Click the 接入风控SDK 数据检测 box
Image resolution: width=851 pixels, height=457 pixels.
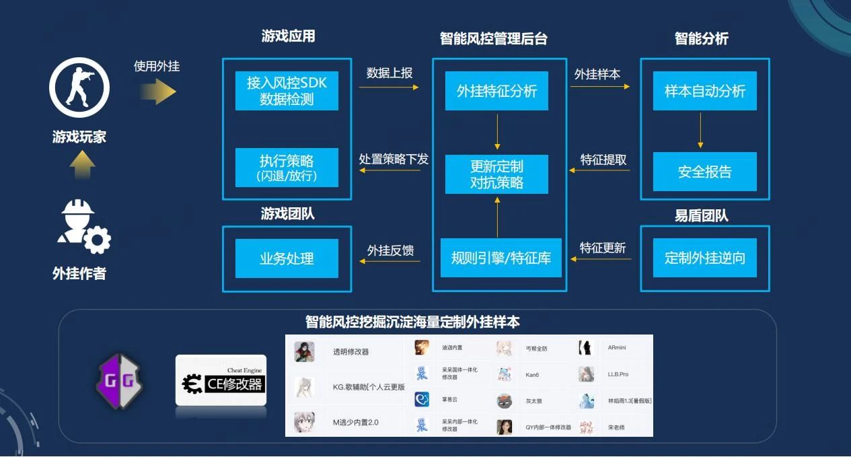click(x=287, y=91)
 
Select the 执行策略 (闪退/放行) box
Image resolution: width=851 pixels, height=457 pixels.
click(x=287, y=168)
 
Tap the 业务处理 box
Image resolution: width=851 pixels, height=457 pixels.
click(x=287, y=258)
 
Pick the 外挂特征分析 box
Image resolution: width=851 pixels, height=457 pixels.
click(x=496, y=91)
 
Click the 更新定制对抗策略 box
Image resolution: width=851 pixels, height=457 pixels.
click(x=496, y=174)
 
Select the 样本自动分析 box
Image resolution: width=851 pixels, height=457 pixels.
click(x=705, y=91)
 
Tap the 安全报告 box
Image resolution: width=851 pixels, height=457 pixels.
click(x=705, y=172)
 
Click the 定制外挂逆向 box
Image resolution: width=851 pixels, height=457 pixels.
click(x=705, y=258)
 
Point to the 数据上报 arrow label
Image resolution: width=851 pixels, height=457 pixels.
click(x=390, y=73)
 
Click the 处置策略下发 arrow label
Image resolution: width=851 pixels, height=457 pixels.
click(x=394, y=160)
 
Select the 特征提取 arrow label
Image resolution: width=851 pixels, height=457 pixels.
click(x=603, y=160)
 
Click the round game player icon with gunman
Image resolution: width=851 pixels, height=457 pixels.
click(x=79, y=87)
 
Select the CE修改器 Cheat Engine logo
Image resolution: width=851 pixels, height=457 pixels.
click(x=221, y=380)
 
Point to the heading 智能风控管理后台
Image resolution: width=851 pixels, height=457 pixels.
click(x=493, y=39)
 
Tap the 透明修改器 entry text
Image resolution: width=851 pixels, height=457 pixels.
click(x=350, y=352)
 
